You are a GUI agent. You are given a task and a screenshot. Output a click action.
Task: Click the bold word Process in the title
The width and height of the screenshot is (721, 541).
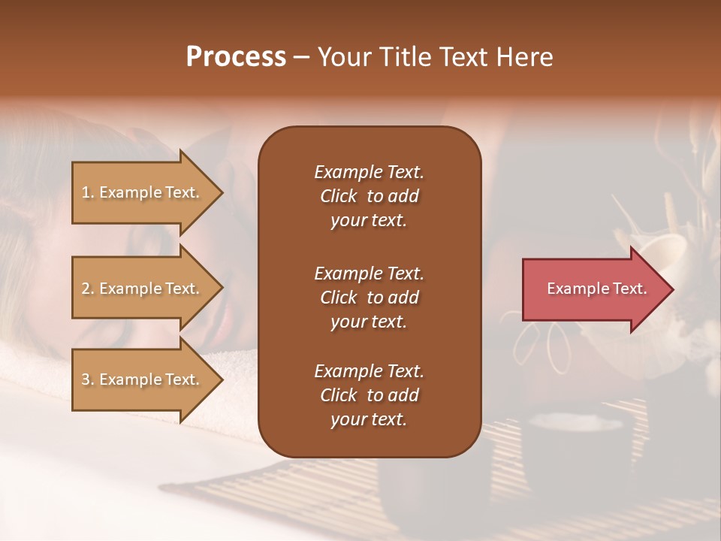[x=236, y=57]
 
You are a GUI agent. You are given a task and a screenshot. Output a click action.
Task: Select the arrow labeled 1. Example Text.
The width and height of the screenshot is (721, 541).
[x=143, y=193]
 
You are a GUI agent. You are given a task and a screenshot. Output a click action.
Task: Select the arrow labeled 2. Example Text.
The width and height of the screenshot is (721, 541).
[x=143, y=289]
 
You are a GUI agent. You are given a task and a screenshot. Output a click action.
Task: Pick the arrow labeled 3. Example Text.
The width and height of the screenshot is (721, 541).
[x=143, y=380]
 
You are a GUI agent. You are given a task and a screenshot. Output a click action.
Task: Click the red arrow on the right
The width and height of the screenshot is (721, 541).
[x=593, y=289]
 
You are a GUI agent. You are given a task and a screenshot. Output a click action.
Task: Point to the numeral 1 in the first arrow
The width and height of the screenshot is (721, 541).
[x=86, y=193]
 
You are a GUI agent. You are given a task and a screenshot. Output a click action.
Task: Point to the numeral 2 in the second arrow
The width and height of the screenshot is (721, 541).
[x=86, y=289]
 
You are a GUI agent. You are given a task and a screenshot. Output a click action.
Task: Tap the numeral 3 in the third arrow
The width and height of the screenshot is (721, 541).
[x=86, y=380]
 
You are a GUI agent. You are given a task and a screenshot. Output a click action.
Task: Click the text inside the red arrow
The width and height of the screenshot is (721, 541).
[x=596, y=289]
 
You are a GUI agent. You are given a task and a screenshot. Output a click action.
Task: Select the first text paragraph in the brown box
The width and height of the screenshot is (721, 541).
[x=369, y=196]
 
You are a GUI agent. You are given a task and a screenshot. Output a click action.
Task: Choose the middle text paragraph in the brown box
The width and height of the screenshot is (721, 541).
[x=369, y=297]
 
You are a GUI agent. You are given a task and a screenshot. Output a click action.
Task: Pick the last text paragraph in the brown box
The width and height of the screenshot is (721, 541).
[x=369, y=395]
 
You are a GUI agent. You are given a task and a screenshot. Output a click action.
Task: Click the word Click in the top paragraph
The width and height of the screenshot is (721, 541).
[x=338, y=197]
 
